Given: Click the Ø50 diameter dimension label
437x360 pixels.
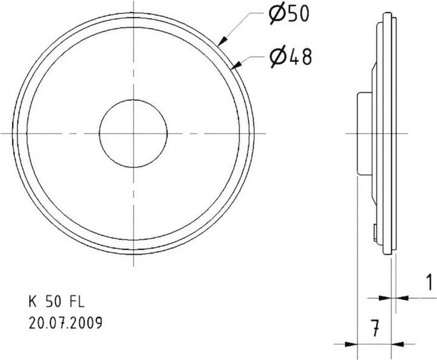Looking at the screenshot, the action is (x=289, y=14).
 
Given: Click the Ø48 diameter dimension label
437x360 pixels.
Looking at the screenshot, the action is (x=290, y=57).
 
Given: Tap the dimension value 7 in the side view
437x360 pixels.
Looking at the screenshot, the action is (x=376, y=328).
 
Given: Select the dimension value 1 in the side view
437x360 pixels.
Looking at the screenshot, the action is (x=430, y=282).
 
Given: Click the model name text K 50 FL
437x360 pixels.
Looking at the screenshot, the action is (x=56, y=302).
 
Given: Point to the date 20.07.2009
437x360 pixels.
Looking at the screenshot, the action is (x=66, y=323).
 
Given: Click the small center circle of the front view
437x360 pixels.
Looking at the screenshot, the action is (x=133, y=100).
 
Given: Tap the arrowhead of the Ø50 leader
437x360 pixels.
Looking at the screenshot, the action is (x=223, y=41).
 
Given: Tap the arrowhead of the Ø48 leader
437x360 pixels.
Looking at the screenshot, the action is (x=235, y=65).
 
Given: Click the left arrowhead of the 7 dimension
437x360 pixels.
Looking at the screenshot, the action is (x=351, y=344).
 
